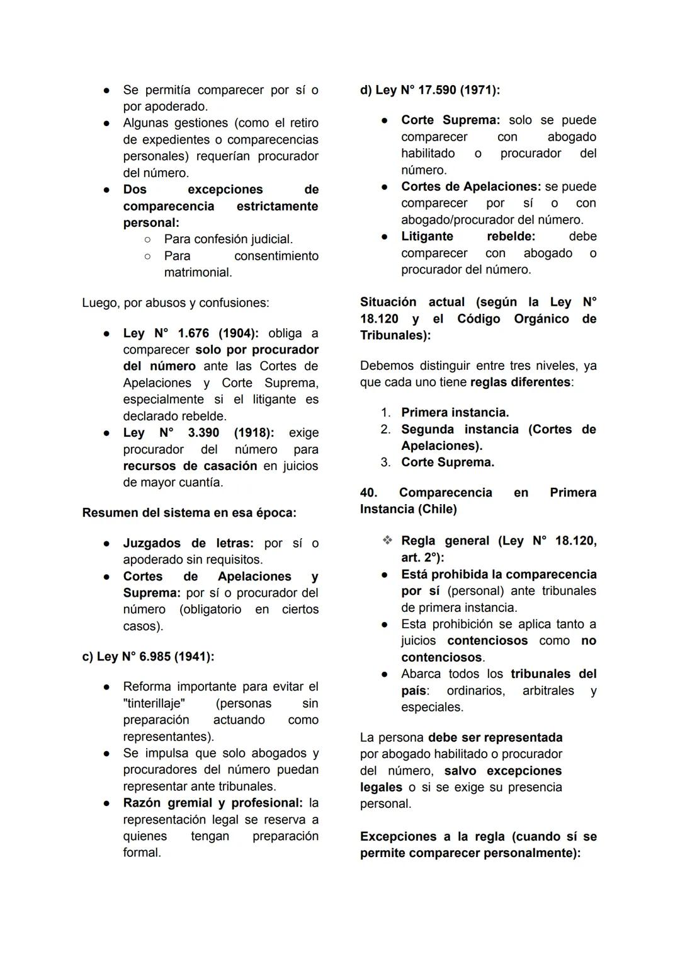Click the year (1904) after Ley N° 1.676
pos(238,333)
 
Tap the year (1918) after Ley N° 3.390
pos(253,433)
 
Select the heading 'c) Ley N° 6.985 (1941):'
pos(148,657)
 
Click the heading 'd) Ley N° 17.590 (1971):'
pos(430,90)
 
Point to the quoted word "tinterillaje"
pos(154,703)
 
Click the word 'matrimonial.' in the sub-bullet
pos(198,273)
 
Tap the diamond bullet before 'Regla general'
pos(387,541)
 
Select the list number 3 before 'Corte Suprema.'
pos(385,463)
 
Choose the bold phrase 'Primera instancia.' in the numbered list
pos(455,413)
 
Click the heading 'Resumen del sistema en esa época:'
pos(189,513)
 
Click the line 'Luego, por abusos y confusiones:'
pos(175,303)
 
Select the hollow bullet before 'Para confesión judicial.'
pos(147,239)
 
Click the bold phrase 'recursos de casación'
pos(190,466)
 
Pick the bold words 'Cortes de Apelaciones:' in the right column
pos(471,187)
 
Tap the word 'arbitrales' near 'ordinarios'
pos(548,691)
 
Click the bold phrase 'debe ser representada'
pos(495,737)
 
